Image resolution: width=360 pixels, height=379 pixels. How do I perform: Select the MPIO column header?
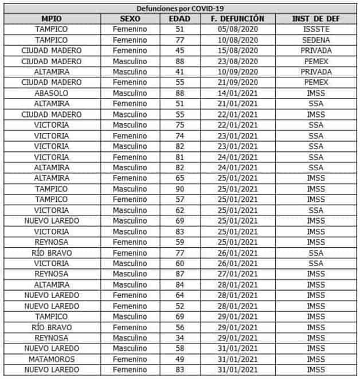pos(51,18)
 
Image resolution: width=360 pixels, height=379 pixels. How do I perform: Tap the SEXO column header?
pos(130,18)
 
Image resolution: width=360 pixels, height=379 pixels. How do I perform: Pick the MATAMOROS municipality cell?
pos(51,359)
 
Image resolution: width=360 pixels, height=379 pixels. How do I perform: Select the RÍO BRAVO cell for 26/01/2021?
pos(51,252)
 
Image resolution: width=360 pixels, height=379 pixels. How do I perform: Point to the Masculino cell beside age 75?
pos(130,125)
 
